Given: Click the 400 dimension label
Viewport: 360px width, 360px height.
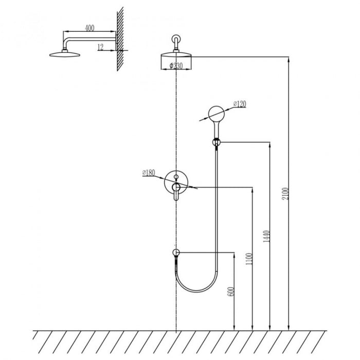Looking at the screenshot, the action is point(89,28).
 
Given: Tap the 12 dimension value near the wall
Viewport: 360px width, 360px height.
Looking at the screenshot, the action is point(101,47).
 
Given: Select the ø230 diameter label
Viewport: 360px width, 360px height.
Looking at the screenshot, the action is point(176,66).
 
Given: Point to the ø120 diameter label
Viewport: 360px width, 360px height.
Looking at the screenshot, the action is point(240,104).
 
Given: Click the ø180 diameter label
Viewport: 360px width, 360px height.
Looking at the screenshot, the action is point(149,172).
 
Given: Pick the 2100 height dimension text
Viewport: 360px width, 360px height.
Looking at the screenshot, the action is point(285,193).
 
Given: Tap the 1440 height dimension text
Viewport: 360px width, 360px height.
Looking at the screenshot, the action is point(266,236).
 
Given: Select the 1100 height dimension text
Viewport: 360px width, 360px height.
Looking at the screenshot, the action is point(249,259).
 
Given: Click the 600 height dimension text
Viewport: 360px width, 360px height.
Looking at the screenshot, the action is point(231,292).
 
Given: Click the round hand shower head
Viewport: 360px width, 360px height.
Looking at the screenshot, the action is point(217,114).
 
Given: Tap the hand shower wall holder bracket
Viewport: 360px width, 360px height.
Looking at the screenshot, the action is point(217,142).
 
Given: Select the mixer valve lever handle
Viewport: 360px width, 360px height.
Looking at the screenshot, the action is point(176,191).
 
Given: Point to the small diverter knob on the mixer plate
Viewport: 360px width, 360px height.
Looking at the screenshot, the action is point(176,177).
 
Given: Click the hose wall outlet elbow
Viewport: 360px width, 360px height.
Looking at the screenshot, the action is point(176,253).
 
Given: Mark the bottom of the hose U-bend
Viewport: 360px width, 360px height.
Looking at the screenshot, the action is point(197,292).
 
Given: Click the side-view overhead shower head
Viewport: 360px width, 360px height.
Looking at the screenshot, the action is point(65,55).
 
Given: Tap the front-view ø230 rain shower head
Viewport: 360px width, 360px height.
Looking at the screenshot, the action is point(176,55).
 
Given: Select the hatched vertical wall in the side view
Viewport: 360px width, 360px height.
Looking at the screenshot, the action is point(120,39).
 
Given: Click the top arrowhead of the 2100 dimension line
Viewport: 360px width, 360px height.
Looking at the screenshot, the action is point(289,59).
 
